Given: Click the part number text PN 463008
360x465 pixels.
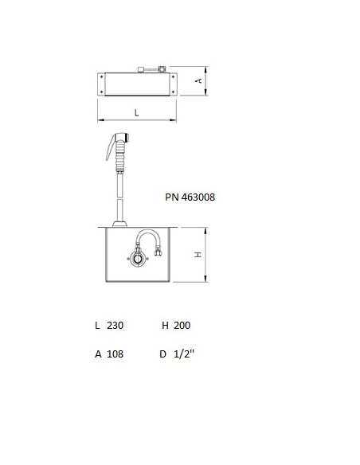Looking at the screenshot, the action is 190,197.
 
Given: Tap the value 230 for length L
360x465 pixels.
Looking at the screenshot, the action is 115,326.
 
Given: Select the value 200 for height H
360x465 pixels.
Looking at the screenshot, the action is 182,326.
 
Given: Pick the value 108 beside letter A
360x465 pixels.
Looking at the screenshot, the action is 115,354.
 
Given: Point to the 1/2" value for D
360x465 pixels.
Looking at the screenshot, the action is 184,354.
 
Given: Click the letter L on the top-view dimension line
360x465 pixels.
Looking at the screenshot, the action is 136,113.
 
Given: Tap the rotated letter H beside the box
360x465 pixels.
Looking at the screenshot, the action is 198,255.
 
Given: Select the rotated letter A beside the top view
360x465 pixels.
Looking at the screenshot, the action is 199,80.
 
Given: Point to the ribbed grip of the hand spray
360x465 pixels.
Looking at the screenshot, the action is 119,155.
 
